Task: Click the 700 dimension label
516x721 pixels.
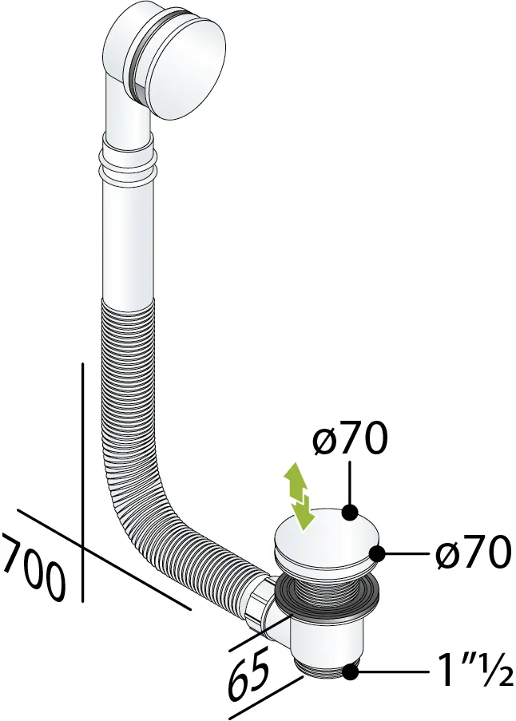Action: coord(32,568)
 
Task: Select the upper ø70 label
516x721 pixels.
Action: coord(350,438)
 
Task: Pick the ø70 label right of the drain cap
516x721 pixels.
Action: coord(474,553)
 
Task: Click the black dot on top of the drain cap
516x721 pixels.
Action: coord(351,511)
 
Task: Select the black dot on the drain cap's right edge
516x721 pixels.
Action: coord(378,553)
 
